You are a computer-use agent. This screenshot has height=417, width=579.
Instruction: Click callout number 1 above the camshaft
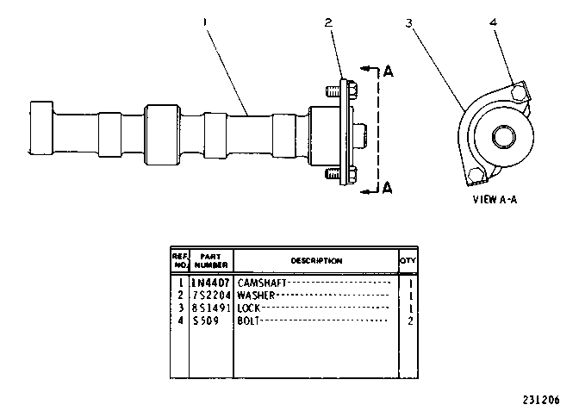[205, 22]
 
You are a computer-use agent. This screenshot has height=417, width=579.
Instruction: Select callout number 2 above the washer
[328, 22]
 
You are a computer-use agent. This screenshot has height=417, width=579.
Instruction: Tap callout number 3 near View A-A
[408, 23]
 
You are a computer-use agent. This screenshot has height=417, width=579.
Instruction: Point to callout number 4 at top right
[494, 22]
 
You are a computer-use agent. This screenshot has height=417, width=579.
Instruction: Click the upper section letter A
[388, 71]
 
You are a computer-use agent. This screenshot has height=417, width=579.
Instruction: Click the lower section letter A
[388, 188]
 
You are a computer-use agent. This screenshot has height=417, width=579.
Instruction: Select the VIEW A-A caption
[495, 200]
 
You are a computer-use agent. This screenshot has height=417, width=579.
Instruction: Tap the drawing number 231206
[541, 400]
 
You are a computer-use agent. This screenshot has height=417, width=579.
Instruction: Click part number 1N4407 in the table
[211, 283]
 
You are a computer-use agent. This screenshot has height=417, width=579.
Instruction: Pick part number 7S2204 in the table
[212, 296]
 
